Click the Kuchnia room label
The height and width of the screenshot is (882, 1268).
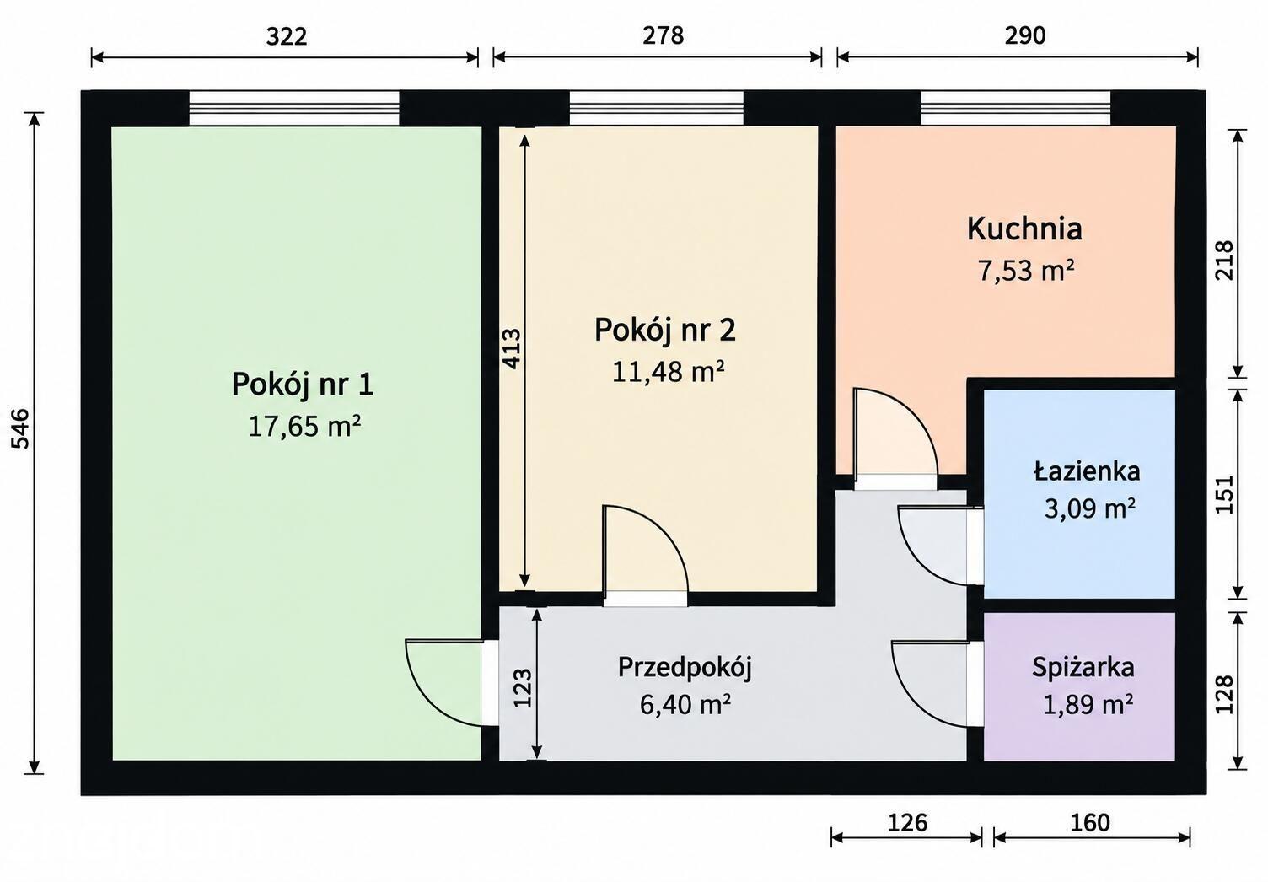[x=1024, y=229]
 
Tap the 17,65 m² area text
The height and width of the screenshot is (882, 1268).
[x=304, y=427]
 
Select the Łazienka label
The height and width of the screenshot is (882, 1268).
[x=1087, y=471]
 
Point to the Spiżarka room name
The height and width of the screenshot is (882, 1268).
[x=1083, y=667]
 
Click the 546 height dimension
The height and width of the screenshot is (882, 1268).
[x=21, y=428]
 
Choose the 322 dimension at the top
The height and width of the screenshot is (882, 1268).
[x=287, y=36]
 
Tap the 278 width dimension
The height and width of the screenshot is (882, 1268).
[x=663, y=35]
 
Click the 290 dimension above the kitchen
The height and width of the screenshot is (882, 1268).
[x=1025, y=35]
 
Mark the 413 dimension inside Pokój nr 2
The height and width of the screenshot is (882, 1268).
[x=512, y=349]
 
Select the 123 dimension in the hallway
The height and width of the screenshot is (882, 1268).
[x=523, y=688]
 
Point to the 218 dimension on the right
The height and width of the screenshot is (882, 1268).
[x=1224, y=261]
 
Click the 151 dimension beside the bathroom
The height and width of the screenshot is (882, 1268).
[x=1224, y=494]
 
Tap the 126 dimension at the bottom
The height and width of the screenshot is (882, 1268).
[x=907, y=823]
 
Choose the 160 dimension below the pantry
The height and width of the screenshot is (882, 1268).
[x=1090, y=823]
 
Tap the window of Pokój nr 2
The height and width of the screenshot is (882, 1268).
[x=656, y=108]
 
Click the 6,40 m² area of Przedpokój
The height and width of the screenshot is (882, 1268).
[x=685, y=704]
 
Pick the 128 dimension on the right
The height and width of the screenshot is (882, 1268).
[x=1224, y=694]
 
